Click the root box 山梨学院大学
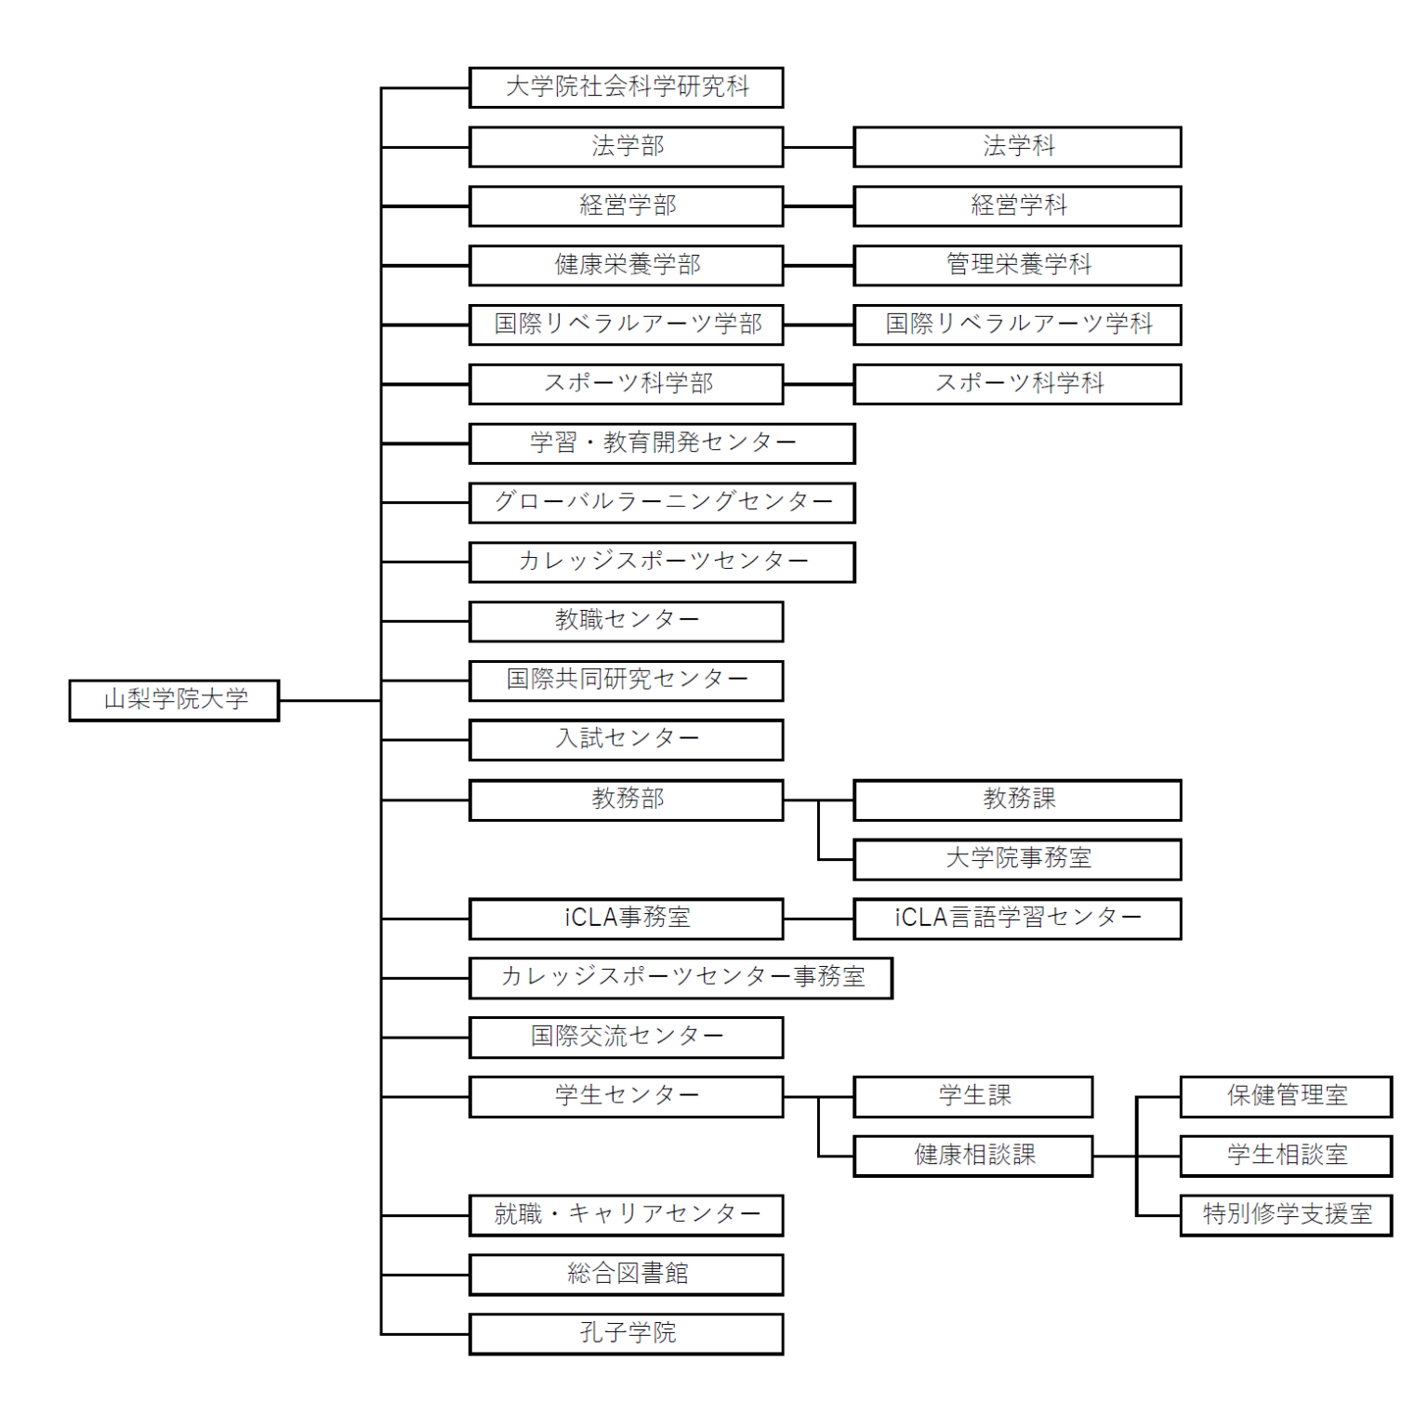(174, 700)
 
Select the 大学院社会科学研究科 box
(627, 87)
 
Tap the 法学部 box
(627, 147)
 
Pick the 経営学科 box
(1017, 206)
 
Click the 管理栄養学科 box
(1017, 266)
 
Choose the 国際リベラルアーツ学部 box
(627, 324)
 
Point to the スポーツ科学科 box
(1017, 384)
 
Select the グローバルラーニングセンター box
(662, 503)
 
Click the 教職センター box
(627, 621)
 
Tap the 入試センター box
(627, 740)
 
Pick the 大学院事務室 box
(1017, 859)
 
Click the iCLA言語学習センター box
(1017, 919)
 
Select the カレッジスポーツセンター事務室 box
(681, 978)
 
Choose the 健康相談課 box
(972, 1157)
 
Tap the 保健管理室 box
(1286, 1097)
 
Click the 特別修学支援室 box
(1286, 1215)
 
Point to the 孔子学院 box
(627, 1334)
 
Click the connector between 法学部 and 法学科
(818, 147)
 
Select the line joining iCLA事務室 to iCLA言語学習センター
(818, 919)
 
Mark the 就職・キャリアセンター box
(627, 1215)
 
